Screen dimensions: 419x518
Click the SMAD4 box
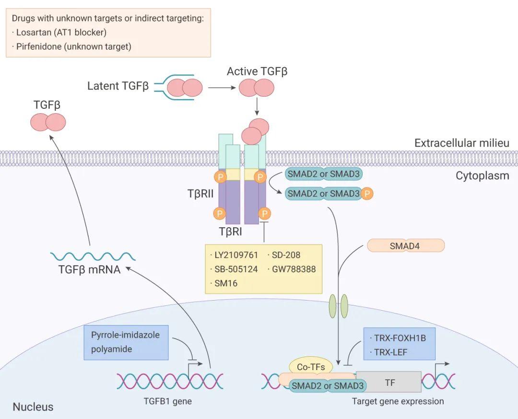tap(406, 245)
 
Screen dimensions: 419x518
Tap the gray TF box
tap(388, 383)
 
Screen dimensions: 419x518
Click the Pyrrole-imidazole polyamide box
tap(126, 342)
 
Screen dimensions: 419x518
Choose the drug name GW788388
tap(294, 269)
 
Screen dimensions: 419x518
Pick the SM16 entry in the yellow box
tap(226, 283)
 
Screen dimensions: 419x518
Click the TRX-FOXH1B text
tap(400, 338)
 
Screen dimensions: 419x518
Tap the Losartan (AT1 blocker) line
tap(59, 33)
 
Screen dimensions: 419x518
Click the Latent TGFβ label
tap(118, 86)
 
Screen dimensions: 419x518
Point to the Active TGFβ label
tap(257, 72)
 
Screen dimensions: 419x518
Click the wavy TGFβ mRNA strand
tap(90, 256)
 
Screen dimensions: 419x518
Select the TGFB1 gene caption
tap(168, 401)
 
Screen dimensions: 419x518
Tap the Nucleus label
tap(33, 407)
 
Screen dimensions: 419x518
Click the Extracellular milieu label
tap(461, 143)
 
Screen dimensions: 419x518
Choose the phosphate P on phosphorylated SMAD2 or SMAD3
tap(367, 194)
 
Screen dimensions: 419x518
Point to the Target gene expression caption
tap(398, 401)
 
